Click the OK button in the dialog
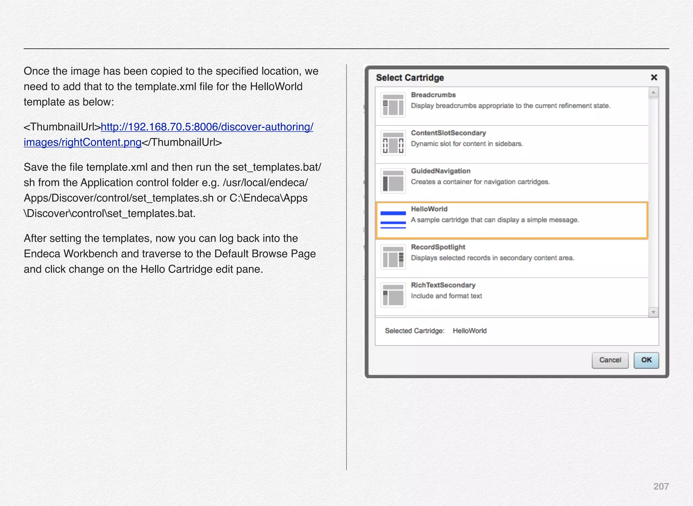pyautogui.click(x=646, y=360)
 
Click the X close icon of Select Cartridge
pyautogui.click(x=654, y=77)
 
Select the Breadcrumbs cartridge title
pyautogui.click(x=433, y=95)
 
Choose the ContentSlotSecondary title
pyautogui.click(x=448, y=133)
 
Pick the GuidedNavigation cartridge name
pyautogui.click(x=441, y=171)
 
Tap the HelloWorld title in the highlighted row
pyautogui.click(x=429, y=209)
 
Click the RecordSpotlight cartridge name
pyautogui.click(x=438, y=247)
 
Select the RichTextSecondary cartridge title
pyautogui.click(x=443, y=285)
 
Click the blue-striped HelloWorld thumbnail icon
pyautogui.click(x=393, y=219)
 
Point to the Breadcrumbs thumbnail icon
pyautogui.click(x=393, y=105)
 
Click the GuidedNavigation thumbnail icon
pyautogui.click(x=393, y=181)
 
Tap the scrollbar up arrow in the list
pyautogui.click(x=653, y=92)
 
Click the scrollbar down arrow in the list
pyautogui.click(x=653, y=312)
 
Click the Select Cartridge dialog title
pyautogui.click(x=410, y=78)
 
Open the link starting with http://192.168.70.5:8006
pyautogui.click(x=207, y=127)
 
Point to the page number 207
pyautogui.click(x=661, y=486)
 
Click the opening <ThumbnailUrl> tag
pyautogui.click(x=62, y=127)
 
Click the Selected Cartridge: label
pyautogui.click(x=415, y=331)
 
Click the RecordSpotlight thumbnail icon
pyautogui.click(x=393, y=257)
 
